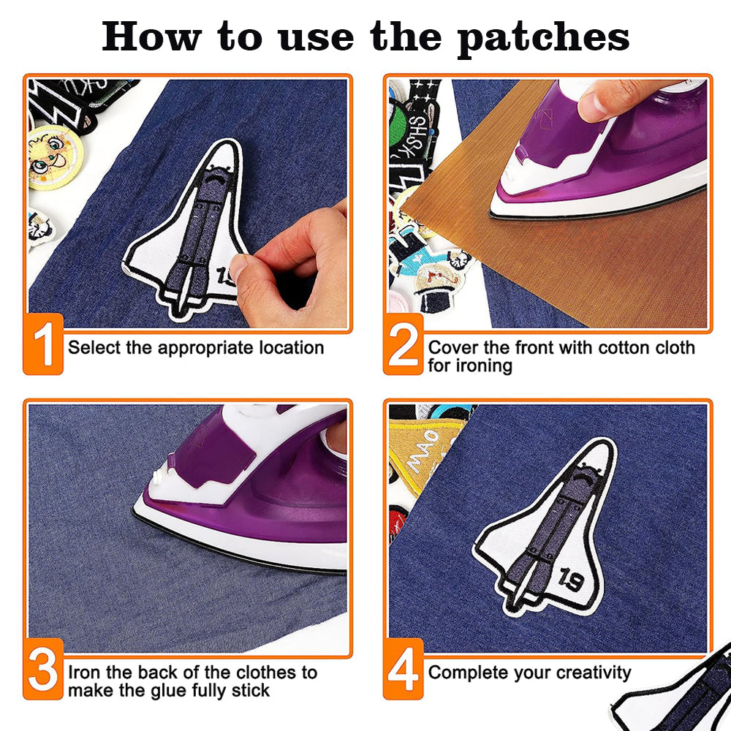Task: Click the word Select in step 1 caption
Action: (x=95, y=347)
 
